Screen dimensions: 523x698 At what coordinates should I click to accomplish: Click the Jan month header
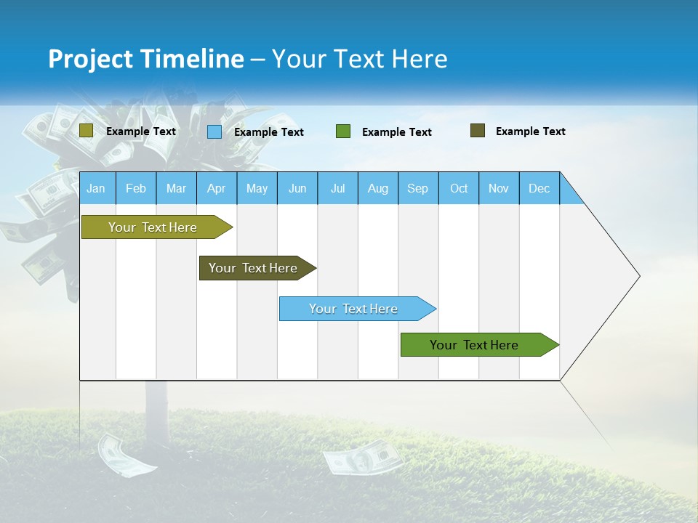click(x=96, y=188)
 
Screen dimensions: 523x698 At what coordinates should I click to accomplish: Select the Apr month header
click(x=216, y=188)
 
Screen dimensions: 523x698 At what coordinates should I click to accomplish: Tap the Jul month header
click(x=337, y=188)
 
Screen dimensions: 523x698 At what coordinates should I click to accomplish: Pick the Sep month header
click(x=417, y=188)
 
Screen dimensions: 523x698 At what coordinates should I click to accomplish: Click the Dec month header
click(x=539, y=188)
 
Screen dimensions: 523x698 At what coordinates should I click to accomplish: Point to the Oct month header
click(x=459, y=188)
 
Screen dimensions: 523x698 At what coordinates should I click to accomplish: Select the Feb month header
click(x=136, y=188)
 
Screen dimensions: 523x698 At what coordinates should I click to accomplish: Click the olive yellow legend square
click(x=86, y=131)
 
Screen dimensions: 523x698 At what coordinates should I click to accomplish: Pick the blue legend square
click(x=214, y=131)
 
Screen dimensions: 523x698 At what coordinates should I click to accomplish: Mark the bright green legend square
click(x=343, y=131)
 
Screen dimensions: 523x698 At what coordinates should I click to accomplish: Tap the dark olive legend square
click(x=478, y=131)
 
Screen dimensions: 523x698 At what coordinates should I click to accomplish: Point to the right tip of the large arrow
click(x=638, y=276)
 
